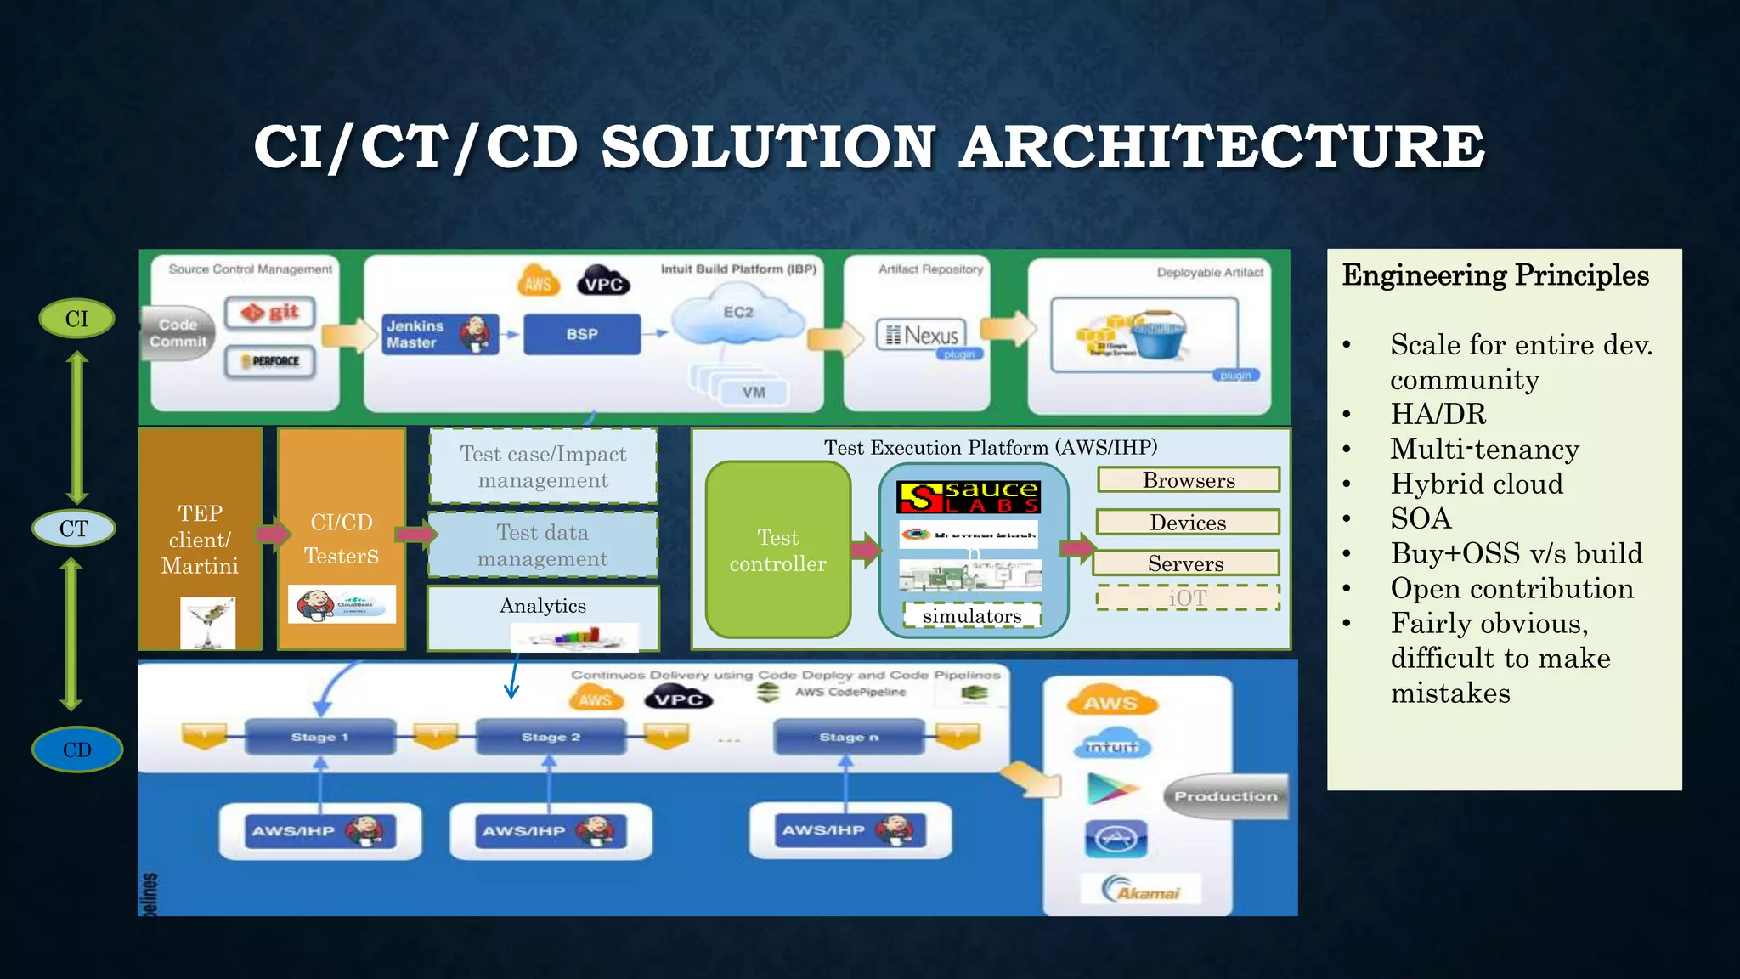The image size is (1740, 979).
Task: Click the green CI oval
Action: click(76, 319)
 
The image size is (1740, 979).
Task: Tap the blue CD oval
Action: click(76, 750)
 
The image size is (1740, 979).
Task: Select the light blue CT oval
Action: click(74, 529)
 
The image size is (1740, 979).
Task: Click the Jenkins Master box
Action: click(438, 334)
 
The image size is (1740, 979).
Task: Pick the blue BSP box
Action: click(582, 334)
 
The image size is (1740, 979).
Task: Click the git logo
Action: click(270, 313)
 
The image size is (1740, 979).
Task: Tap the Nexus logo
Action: click(922, 335)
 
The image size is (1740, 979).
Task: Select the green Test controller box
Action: click(777, 550)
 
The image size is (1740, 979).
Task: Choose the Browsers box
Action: click(1189, 480)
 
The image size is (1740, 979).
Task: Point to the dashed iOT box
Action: click(1188, 597)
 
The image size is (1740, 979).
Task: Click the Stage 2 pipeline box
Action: click(551, 737)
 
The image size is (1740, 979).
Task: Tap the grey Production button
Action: click(1225, 796)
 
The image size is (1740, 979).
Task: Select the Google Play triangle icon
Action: click(1111, 789)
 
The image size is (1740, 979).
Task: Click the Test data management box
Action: click(543, 545)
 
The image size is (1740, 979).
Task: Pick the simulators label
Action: click(972, 615)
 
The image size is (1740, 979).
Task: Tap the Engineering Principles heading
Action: click(1495, 275)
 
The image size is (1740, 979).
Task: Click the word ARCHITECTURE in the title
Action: click(1222, 146)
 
